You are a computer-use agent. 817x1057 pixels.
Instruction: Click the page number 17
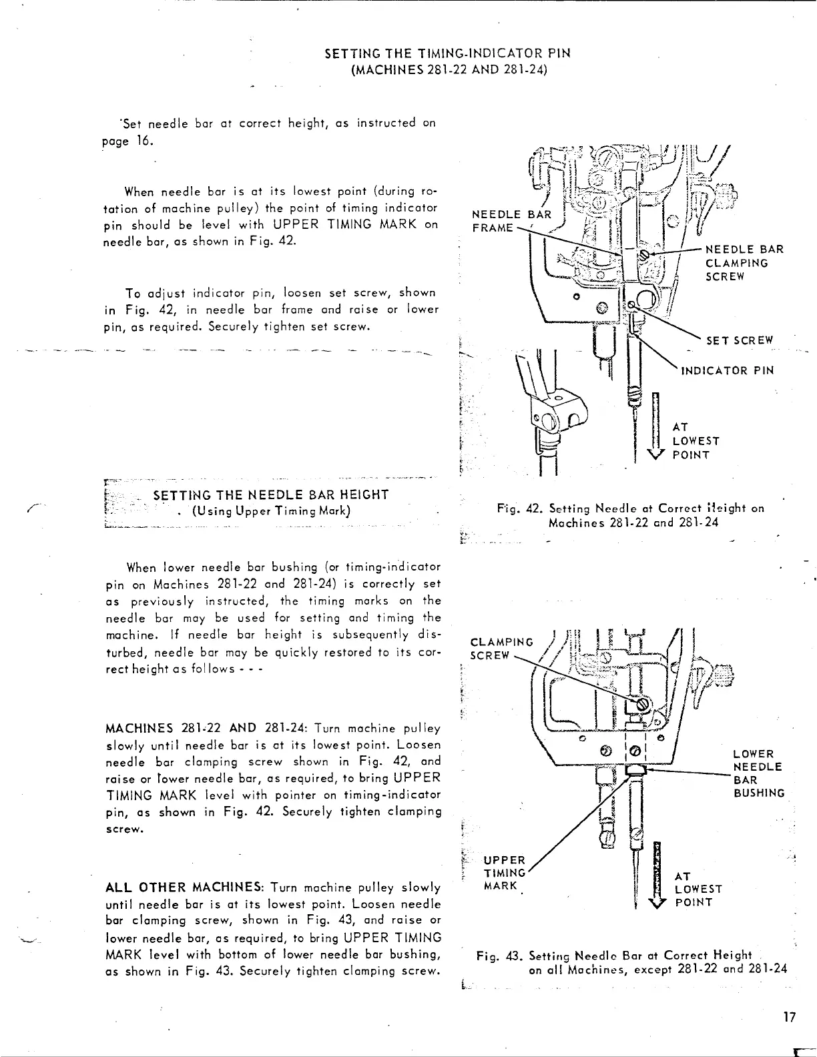tap(790, 1017)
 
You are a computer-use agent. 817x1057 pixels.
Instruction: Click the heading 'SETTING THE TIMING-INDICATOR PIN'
tap(447, 53)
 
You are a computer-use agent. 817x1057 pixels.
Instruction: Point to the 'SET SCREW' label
tap(739, 340)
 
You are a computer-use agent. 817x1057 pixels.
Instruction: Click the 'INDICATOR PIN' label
tap(726, 370)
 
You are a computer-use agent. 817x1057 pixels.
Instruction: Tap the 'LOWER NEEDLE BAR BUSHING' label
tap(758, 773)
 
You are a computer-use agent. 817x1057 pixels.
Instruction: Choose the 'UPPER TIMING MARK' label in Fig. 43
tap(506, 873)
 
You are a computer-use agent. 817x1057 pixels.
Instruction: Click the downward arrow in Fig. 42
tap(656, 427)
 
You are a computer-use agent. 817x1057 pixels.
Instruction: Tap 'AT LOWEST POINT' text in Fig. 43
tap(698, 889)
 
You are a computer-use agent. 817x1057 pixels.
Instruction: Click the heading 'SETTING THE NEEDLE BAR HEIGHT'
tap(271, 494)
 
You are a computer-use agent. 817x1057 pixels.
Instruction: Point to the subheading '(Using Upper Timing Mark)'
tap(271, 511)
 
